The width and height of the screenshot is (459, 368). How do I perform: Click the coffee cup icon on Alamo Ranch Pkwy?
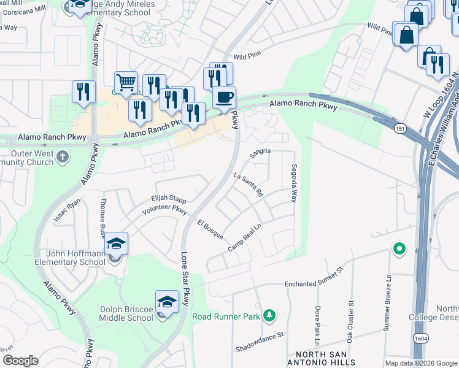(224, 96)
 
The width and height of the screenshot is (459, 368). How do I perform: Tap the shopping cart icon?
(126, 82)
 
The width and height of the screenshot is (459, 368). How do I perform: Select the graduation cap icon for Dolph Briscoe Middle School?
(167, 301)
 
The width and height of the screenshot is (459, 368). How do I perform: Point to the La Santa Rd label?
(249, 183)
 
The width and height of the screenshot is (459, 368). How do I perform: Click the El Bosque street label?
(210, 229)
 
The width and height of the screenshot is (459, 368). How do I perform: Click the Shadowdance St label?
(261, 342)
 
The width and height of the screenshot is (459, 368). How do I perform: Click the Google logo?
(20, 361)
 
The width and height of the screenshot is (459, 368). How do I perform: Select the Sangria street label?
(260, 153)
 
